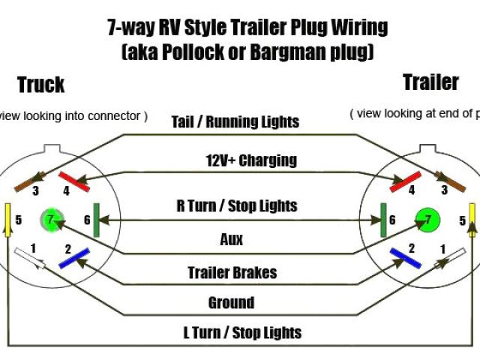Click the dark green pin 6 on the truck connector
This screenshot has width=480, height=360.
coord(96,220)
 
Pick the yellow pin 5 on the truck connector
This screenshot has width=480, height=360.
coord(7,219)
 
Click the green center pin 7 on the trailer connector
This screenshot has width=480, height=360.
coord(427,219)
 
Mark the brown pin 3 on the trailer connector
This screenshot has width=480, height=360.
coord(450,181)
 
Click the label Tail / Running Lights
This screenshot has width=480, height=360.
coord(235,121)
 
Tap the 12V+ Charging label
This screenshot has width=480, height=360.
coord(251,160)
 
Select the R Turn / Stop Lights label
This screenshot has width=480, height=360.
coord(237,205)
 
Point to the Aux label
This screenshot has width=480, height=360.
coord(232,240)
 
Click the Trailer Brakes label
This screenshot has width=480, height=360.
coord(232,273)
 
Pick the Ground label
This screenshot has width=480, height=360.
coord(231,303)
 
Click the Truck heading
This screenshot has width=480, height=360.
coord(40,85)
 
